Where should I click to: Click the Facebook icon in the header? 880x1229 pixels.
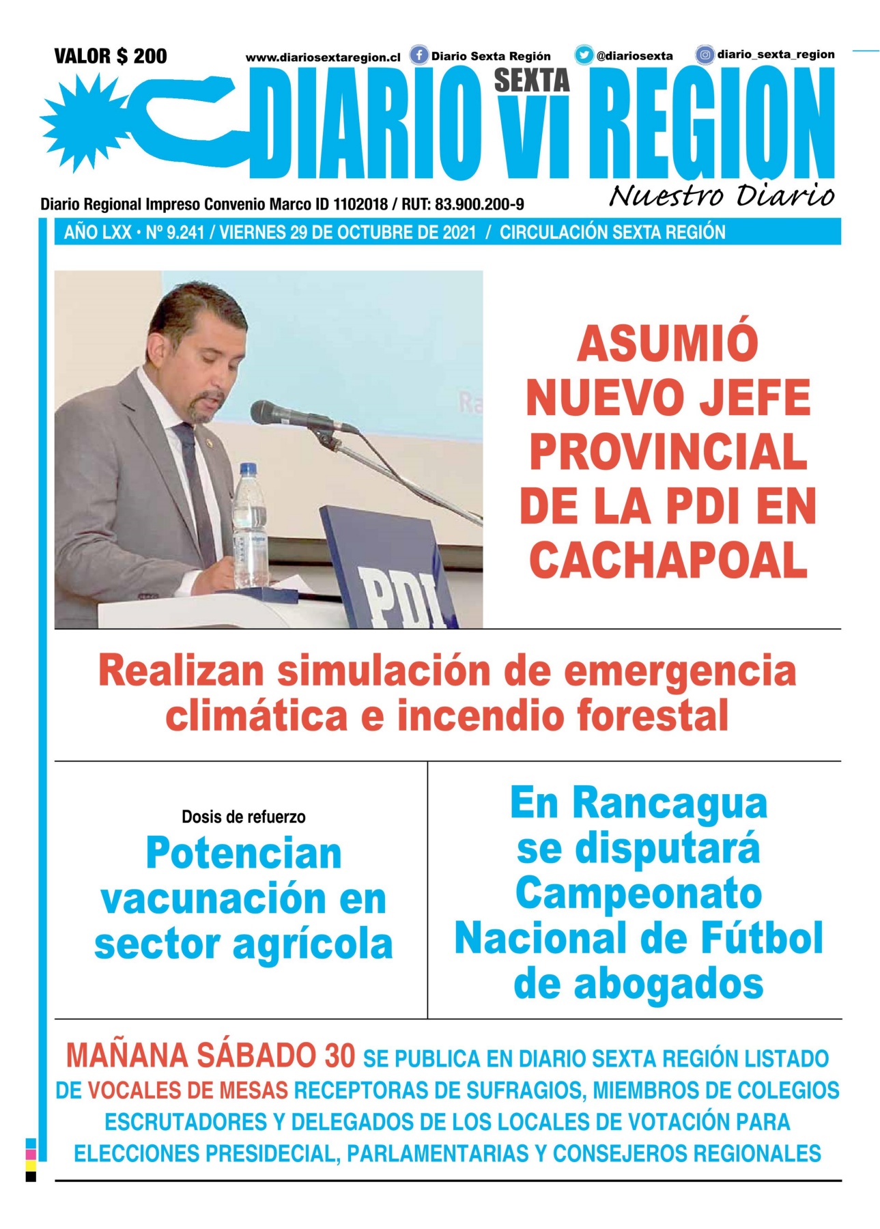click(418, 55)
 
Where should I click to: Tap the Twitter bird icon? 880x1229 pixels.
click(584, 55)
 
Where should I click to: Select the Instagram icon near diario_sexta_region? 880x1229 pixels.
click(705, 54)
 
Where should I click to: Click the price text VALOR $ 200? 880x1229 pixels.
click(111, 55)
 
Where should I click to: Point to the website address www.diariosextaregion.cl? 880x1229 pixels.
click(323, 58)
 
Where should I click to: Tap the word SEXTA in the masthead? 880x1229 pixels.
click(532, 81)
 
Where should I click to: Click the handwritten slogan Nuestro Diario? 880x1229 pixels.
click(721, 195)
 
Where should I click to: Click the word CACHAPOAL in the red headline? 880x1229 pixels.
click(668, 560)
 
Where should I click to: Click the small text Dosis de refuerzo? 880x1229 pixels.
click(243, 817)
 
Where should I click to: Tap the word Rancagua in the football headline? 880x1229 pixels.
click(669, 803)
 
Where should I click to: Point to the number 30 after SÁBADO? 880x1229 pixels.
click(339, 1056)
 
